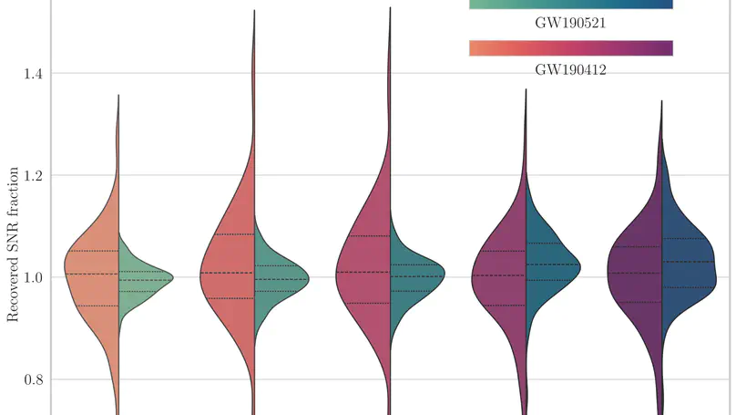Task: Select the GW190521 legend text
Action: (x=570, y=25)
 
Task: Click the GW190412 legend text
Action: (x=570, y=69)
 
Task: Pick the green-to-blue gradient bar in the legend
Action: (x=570, y=5)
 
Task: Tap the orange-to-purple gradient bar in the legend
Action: (x=570, y=48)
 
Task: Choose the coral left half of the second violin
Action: (x=228, y=274)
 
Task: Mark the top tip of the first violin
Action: (x=118, y=96)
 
